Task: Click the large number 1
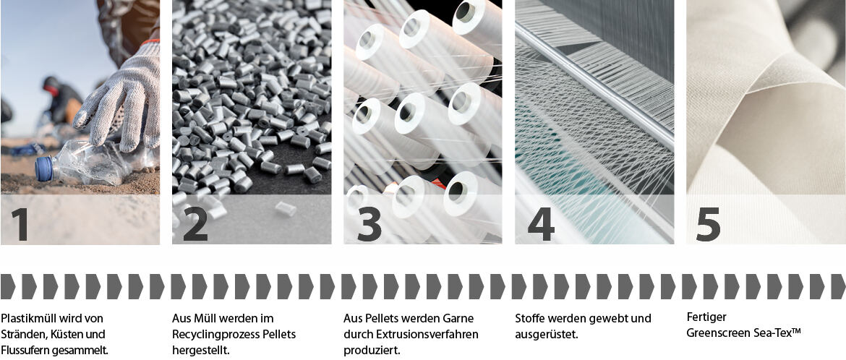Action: point(20,224)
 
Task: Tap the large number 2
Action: point(195,224)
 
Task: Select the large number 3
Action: point(369,224)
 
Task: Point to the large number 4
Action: point(541,224)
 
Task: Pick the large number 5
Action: point(708,225)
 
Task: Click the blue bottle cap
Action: point(44,168)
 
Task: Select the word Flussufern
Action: point(25,351)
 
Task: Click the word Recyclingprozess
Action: point(211,335)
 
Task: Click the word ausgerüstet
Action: point(547,335)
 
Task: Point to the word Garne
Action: point(461,319)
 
